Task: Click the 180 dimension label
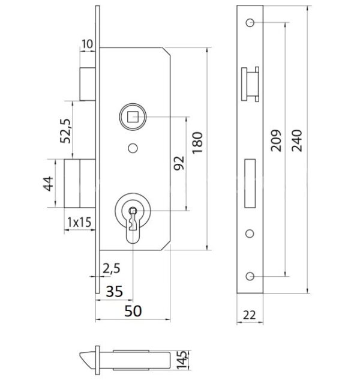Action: pyautogui.click(x=197, y=142)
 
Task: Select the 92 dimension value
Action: pyautogui.click(x=179, y=163)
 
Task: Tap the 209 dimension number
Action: pyautogui.click(x=276, y=140)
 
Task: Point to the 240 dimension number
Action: pyautogui.click(x=297, y=140)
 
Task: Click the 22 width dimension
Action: pyautogui.click(x=249, y=315)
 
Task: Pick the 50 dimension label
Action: pyautogui.click(x=133, y=311)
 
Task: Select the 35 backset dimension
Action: pyautogui.click(x=115, y=291)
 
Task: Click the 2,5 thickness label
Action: pyautogui.click(x=112, y=268)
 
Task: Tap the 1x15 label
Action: pyautogui.click(x=79, y=222)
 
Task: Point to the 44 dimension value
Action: pyautogui.click(x=48, y=184)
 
